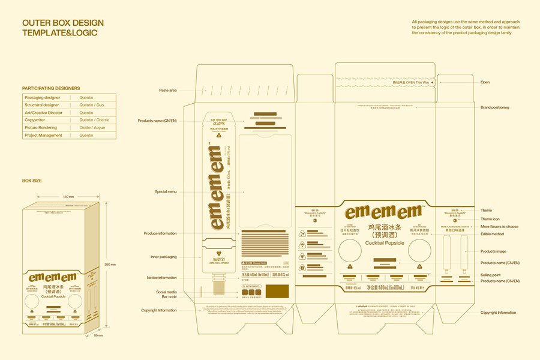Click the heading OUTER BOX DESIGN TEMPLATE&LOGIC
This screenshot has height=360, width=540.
click(62, 28)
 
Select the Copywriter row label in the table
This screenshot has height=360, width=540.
click(39, 120)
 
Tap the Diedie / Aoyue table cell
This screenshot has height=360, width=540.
click(92, 128)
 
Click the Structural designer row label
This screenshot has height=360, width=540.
click(42, 105)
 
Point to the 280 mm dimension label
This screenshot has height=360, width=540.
click(110, 264)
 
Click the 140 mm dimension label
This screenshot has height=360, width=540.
click(68, 197)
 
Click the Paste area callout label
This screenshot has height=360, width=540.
click(168, 91)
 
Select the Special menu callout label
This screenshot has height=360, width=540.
click(166, 192)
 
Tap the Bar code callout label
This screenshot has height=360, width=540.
click(169, 296)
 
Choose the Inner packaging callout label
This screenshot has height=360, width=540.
click(164, 257)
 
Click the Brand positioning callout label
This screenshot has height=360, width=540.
click(494, 107)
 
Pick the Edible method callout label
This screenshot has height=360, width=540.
click(492, 234)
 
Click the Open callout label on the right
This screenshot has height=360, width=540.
click(485, 82)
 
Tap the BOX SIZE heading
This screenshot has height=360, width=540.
click(32, 181)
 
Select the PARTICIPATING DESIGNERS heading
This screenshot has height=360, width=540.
click(51, 88)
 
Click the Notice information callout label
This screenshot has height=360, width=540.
click(162, 278)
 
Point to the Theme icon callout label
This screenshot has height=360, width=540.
click(490, 219)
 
